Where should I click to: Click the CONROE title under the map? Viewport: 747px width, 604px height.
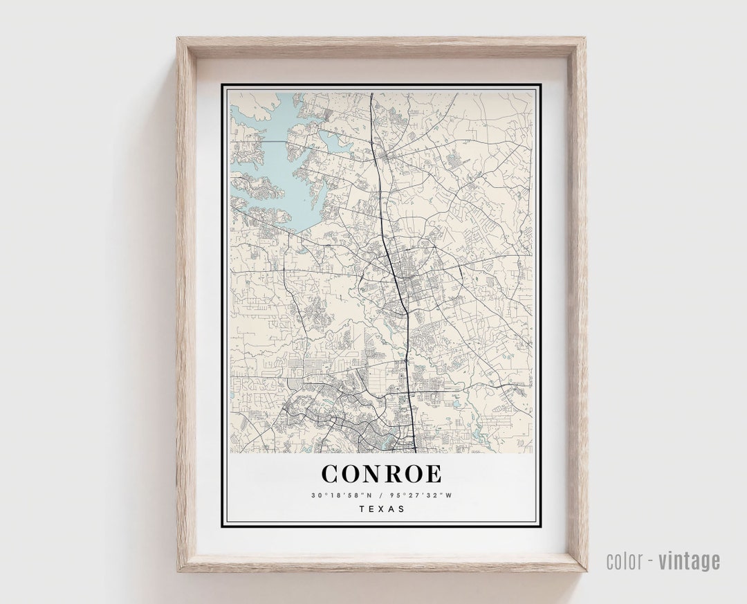coord(381,474)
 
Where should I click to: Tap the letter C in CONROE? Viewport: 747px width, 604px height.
coord(331,474)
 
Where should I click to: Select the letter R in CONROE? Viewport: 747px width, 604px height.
coord(394,474)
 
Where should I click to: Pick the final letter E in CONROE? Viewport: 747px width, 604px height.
coord(433,474)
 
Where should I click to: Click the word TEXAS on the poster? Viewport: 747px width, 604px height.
coord(382,509)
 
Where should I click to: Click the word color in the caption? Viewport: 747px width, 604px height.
coord(624,561)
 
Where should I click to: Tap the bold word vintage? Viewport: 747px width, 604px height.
coord(689,561)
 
